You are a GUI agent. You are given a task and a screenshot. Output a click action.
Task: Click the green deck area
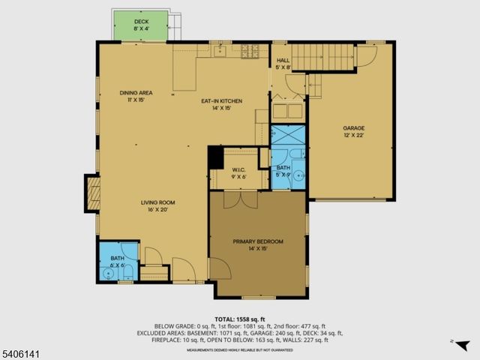[141, 26]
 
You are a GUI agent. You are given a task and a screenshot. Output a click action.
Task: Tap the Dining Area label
[136, 93]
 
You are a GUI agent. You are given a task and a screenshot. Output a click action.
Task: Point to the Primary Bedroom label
[257, 241]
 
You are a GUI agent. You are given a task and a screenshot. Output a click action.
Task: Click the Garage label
[353, 128]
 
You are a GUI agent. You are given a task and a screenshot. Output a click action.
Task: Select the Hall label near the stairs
[283, 60]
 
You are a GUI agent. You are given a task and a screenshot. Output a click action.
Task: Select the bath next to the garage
[283, 169]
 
